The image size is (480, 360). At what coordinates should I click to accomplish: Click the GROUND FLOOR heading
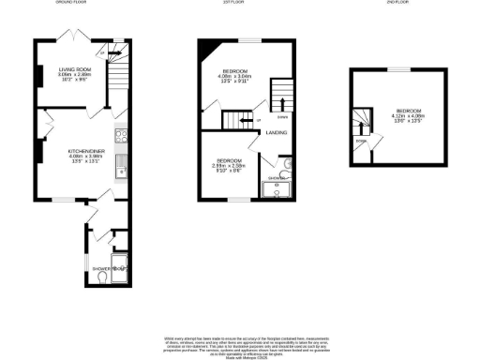pos(78,3)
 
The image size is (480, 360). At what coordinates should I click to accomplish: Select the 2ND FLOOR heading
pos(397,3)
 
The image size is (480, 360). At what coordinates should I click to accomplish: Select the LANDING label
pos(277,132)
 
